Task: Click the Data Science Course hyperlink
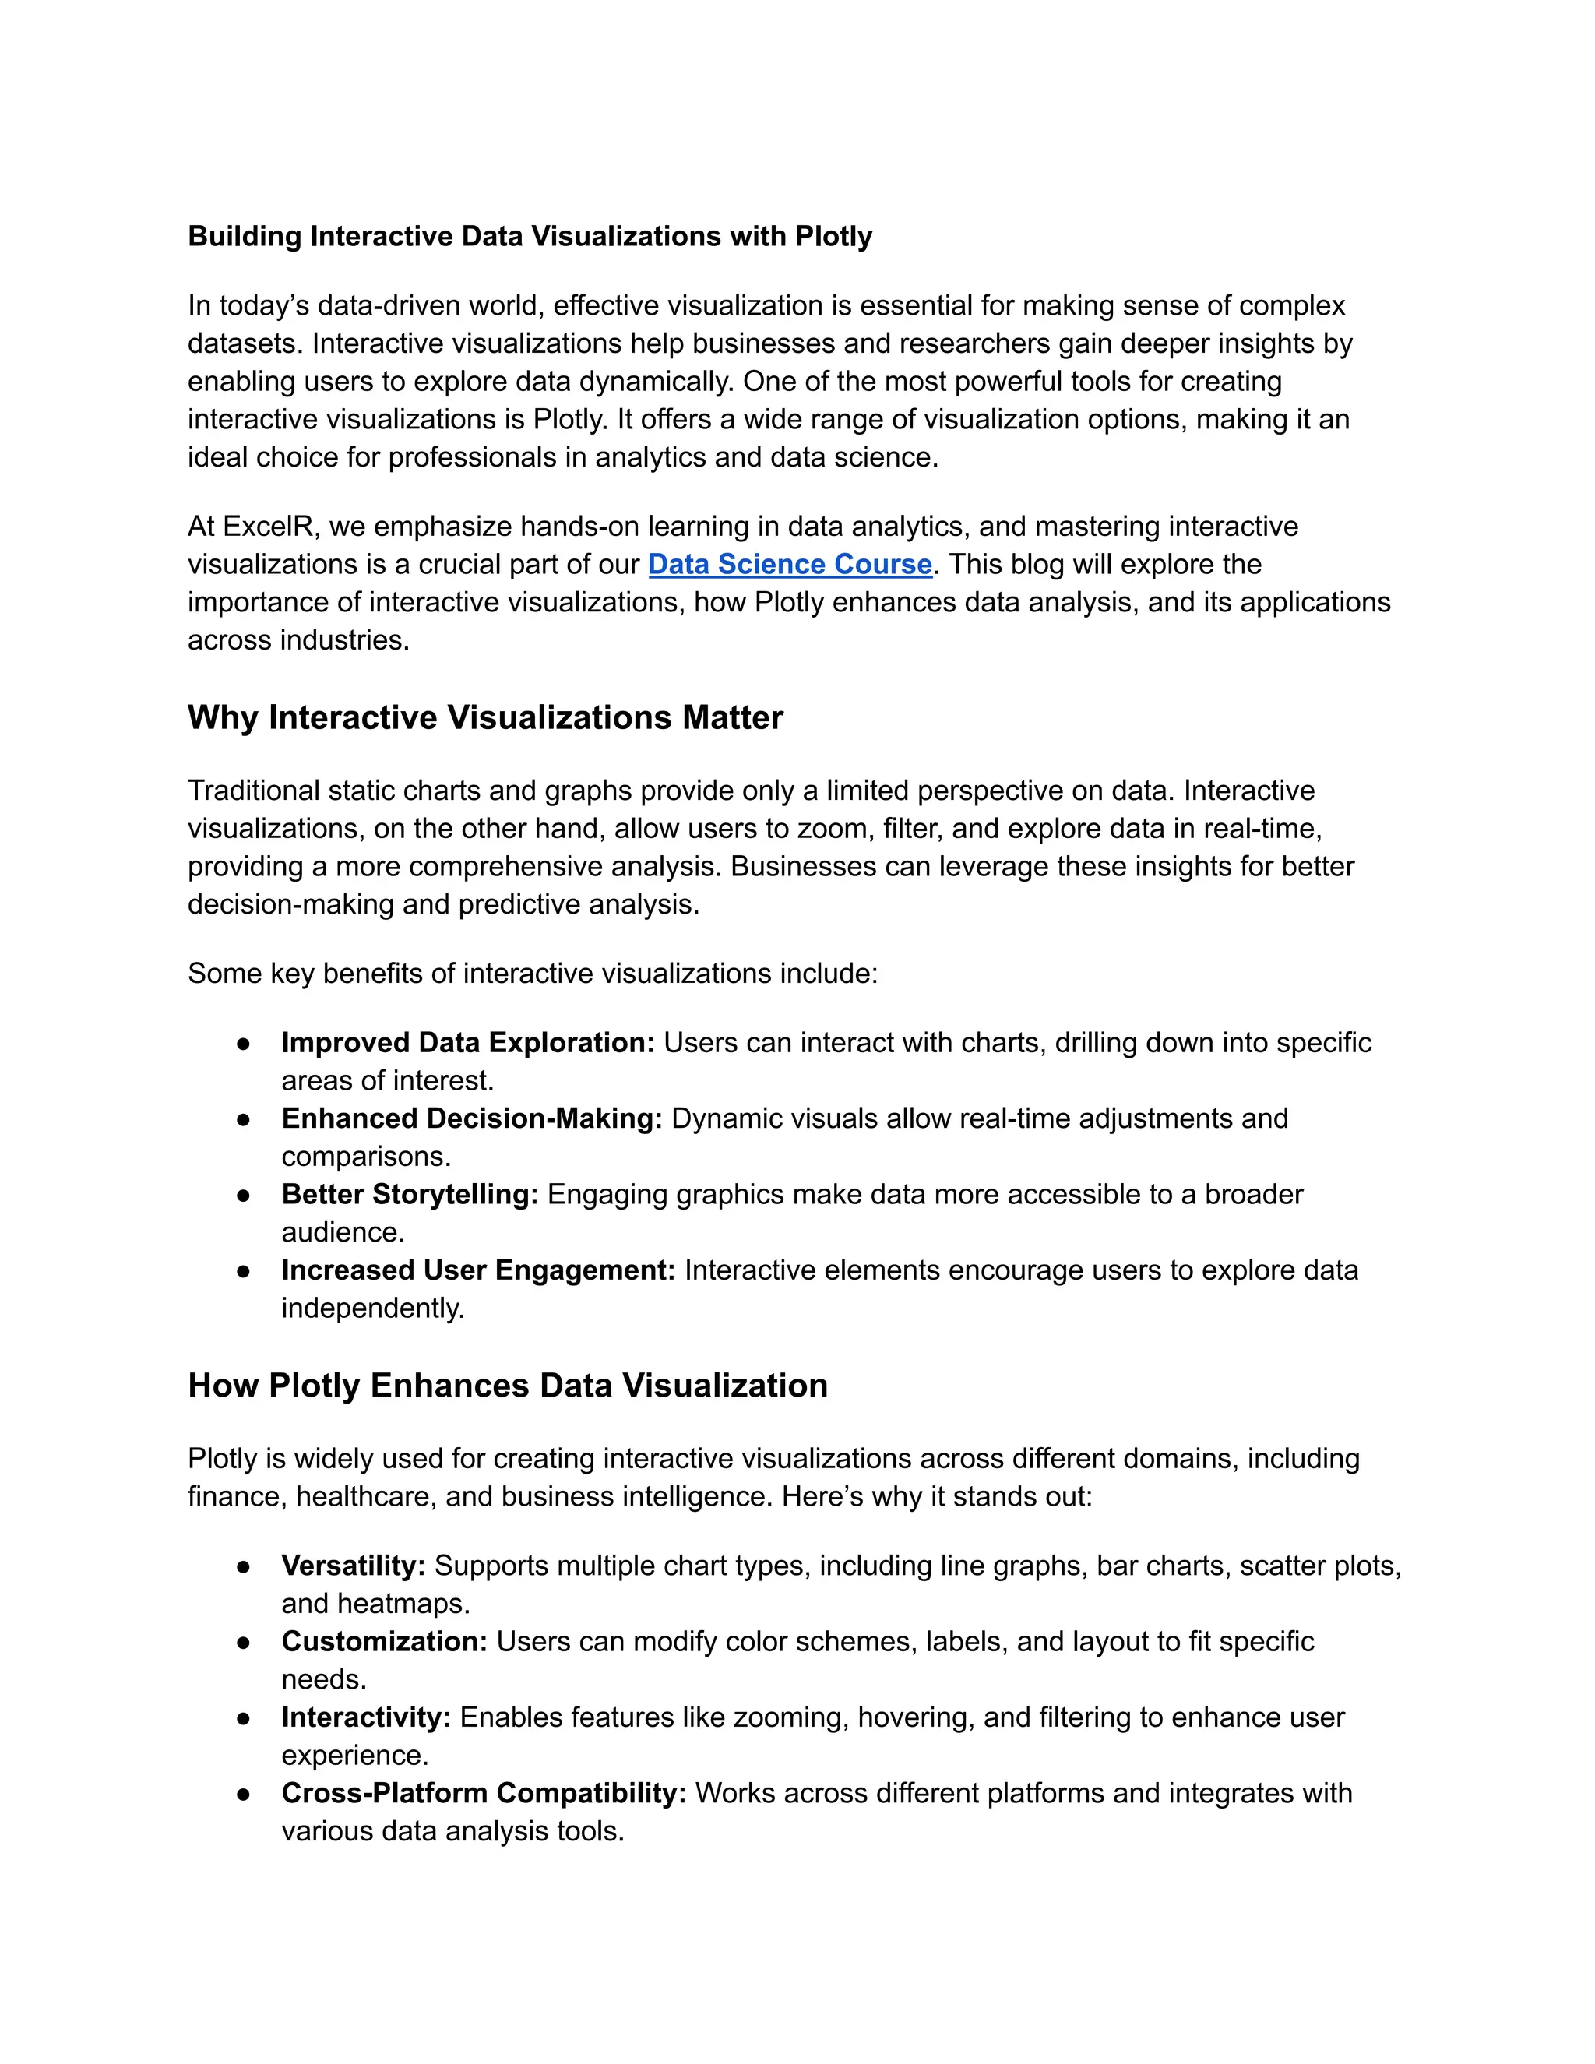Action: click(790, 564)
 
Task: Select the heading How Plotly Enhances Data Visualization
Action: click(508, 1386)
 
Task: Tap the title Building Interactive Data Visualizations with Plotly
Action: click(529, 236)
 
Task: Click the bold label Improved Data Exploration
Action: click(467, 1042)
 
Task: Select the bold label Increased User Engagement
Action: click(478, 1270)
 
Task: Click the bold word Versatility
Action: click(354, 1566)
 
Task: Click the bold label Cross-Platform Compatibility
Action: click(484, 1793)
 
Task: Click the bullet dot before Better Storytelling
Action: click(244, 1196)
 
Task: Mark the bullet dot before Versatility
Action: click(244, 1567)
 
